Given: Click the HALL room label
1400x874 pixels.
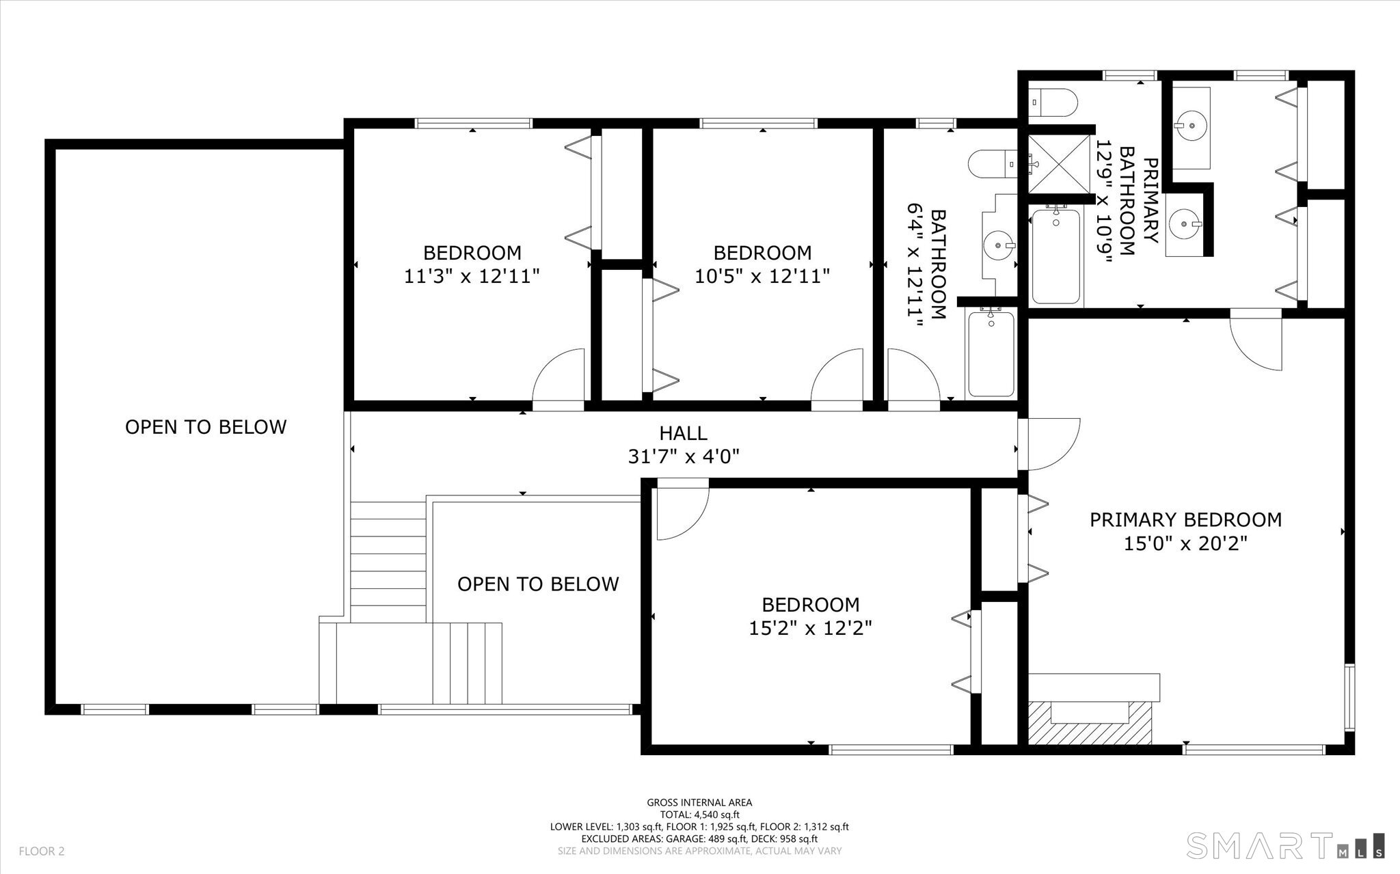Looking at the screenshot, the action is pyautogui.click(x=683, y=433).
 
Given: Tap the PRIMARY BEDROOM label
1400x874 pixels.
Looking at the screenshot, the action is pyautogui.click(x=1185, y=520).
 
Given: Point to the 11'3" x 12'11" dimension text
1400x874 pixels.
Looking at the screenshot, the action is pyautogui.click(x=472, y=277).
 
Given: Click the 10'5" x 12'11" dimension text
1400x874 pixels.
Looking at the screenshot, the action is pyautogui.click(x=762, y=277).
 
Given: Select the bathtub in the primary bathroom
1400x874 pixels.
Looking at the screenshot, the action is pyautogui.click(x=1056, y=256).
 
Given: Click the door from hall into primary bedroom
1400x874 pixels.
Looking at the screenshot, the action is pyautogui.click(x=1049, y=444).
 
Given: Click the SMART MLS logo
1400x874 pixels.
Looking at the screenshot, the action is pyautogui.click(x=1285, y=845).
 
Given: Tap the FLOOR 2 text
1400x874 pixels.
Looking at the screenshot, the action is pyautogui.click(x=41, y=851).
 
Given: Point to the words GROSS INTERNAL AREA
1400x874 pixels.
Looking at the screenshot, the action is pyautogui.click(x=699, y=803).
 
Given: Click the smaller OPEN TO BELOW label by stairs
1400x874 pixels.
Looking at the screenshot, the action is pyautogui.click(x=538, y=584).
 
